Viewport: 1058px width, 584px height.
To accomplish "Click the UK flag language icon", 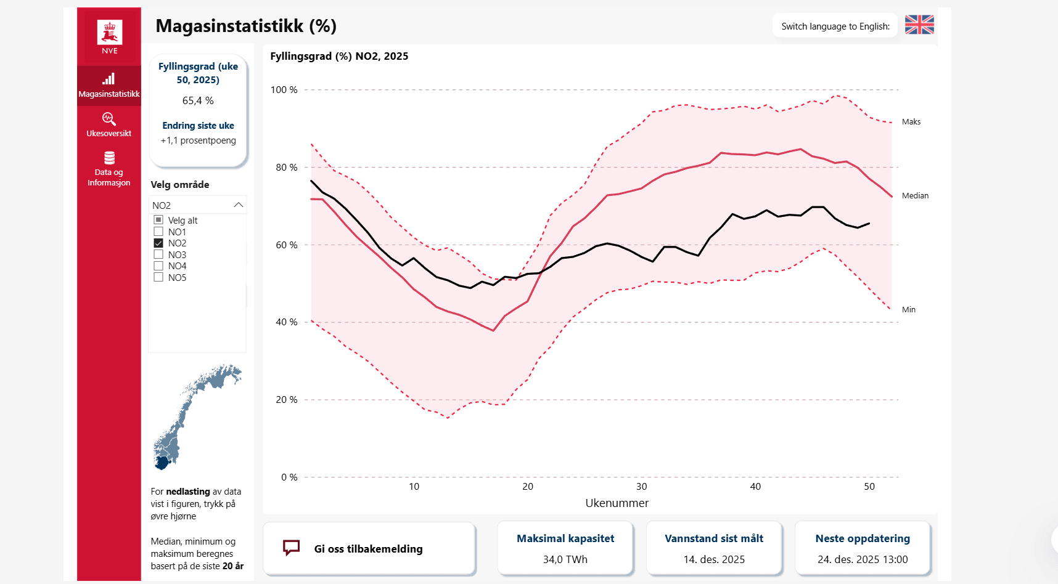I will click(x=919, y=25).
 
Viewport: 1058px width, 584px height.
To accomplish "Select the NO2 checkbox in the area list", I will click(x=158, y=243).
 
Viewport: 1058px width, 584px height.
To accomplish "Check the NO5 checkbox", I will click(x=158, y=277).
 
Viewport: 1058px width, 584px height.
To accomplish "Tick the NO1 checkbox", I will click(x=158, y=232).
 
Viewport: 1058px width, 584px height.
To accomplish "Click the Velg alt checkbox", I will click(x=158, y=220).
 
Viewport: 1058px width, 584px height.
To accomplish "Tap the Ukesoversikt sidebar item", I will click(x=109, y=124).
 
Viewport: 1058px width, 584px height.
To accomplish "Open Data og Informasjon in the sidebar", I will click(x=109, y=168).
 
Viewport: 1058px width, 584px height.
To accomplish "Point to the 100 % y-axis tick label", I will click(x=284, y=90).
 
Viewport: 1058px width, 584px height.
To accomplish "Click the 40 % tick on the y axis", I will click(x=286, y=322).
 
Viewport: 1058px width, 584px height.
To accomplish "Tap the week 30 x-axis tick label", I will click(x=641, y=487).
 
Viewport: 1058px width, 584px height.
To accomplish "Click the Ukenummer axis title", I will click(x=617, y=503).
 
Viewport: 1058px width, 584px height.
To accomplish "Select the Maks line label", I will click(x=911, y=122).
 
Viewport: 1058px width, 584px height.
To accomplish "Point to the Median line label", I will click(x=915, y=196).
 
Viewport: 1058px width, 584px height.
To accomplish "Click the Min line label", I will click(x=909, y=310).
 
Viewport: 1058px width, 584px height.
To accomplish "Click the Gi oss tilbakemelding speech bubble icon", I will click(x=291, y=548).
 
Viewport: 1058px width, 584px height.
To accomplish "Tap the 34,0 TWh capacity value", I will click(x=565, y=559).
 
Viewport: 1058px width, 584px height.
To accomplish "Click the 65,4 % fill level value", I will click(x=198, y=100).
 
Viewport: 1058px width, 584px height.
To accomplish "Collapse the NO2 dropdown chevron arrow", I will click(x=239, y=205).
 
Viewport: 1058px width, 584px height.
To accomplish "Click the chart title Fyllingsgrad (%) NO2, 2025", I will click(x=339, y=56).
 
